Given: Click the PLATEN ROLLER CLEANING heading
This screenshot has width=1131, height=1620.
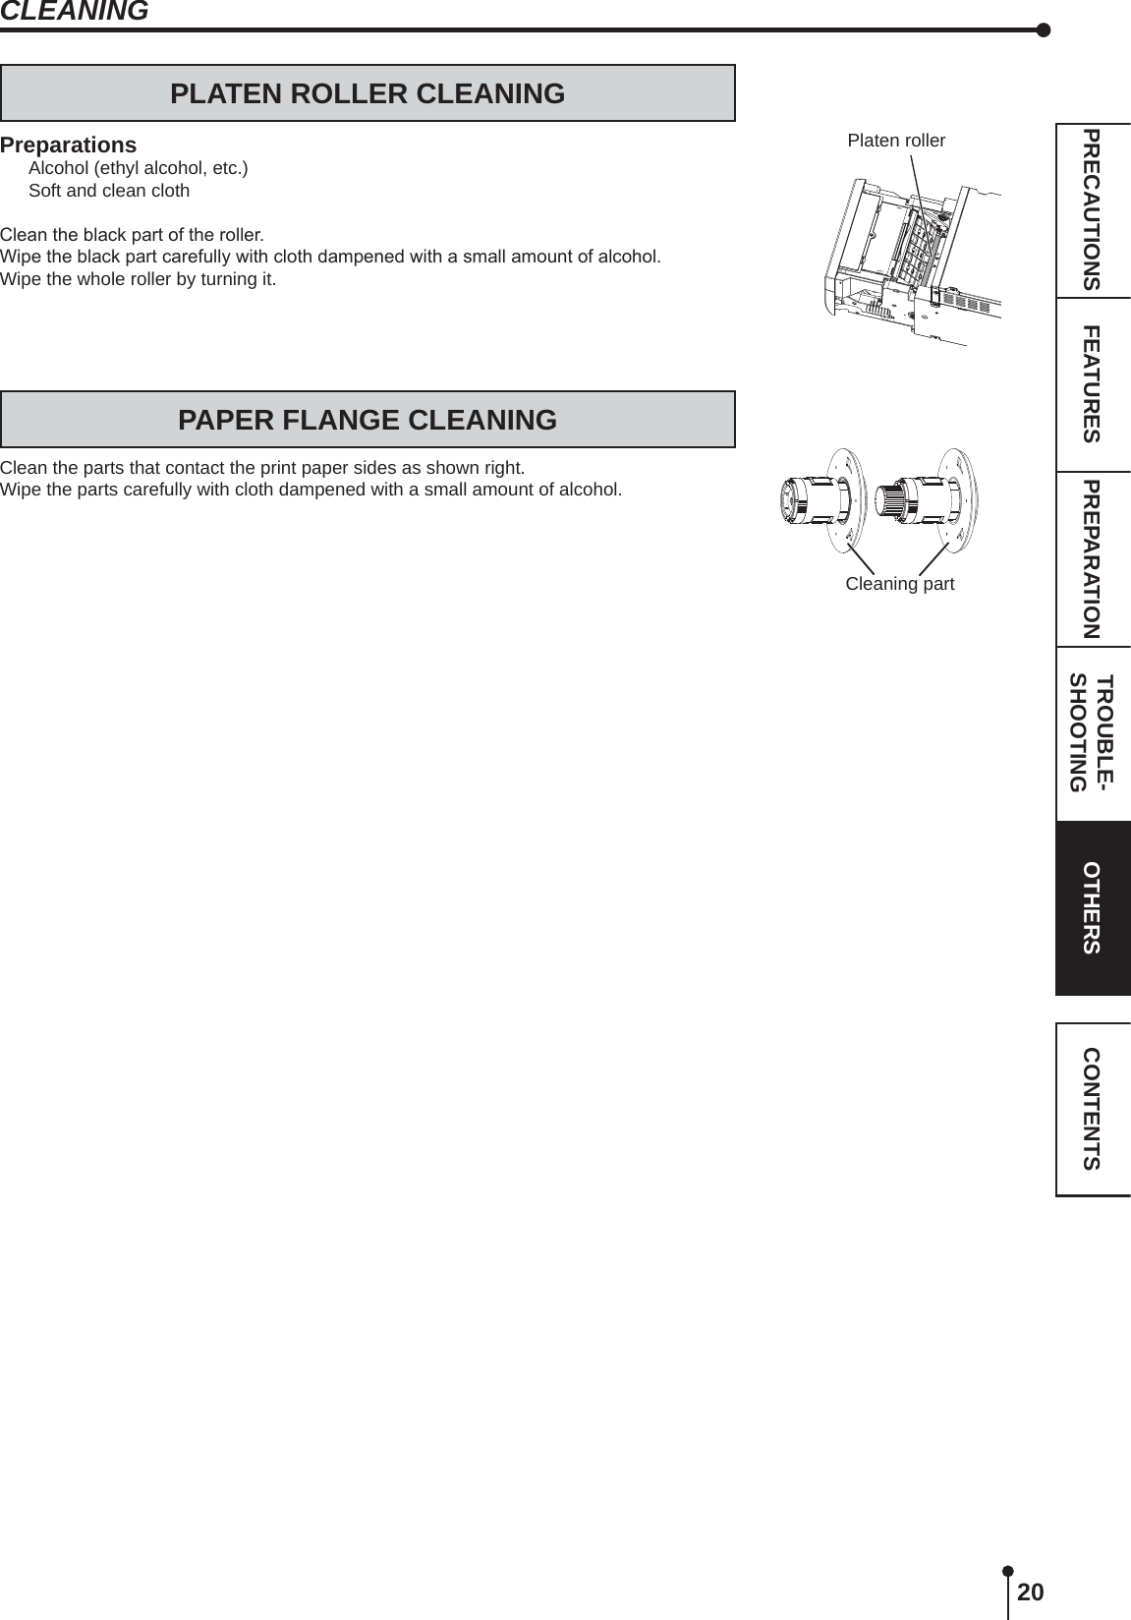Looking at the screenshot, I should click(x=368, y=93).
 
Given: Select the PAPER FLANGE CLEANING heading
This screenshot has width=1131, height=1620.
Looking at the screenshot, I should click(x=368, y=420).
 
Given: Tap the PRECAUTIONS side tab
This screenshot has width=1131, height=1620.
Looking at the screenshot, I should click(x=1092, y=209).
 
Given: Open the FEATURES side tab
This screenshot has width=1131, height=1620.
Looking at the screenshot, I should click(x=1092, y=383).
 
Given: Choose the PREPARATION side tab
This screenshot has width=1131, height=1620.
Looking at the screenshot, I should click(x=1092, y=558).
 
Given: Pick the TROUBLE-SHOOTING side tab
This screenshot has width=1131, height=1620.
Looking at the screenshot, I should click(x=1092, y=733).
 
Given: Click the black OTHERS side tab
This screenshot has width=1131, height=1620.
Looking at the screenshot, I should click(x=1092, y=908).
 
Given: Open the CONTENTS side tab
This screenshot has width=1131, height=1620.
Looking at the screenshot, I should click(x=1092, y=1109).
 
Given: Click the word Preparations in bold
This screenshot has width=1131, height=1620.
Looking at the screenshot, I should click(x=69, y=145).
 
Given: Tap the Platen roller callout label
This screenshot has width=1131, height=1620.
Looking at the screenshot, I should click(x=896, y=141).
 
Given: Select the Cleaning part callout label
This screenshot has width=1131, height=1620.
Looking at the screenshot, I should click(x=899, y=584).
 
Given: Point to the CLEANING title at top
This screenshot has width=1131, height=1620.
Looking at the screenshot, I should click(x=75, y=12).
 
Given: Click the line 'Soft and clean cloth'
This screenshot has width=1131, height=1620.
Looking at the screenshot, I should click(x=109, y=191).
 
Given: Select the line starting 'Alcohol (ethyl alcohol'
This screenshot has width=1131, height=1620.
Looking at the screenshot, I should click(x=139, y=168).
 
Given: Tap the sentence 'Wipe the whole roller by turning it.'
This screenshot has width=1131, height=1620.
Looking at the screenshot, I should click(x=139, y=279).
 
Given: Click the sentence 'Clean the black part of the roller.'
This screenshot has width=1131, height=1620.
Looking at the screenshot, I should click(x=132, y=235).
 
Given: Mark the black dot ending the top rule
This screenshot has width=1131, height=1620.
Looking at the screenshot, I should click(x=1044, y=29).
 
